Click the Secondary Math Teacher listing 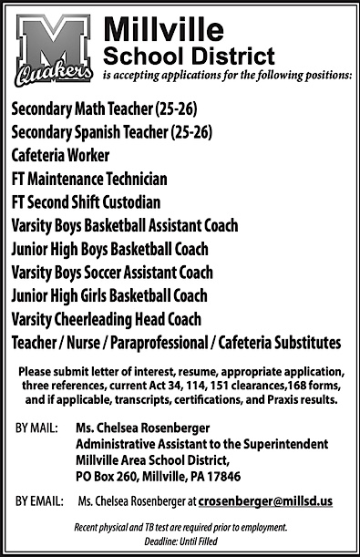[104, 111]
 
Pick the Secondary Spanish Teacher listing [112, 134]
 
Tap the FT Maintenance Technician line [89, 180]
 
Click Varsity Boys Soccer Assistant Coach [112, 273]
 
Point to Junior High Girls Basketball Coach [109, 295]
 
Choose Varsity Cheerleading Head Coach [107, 319]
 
